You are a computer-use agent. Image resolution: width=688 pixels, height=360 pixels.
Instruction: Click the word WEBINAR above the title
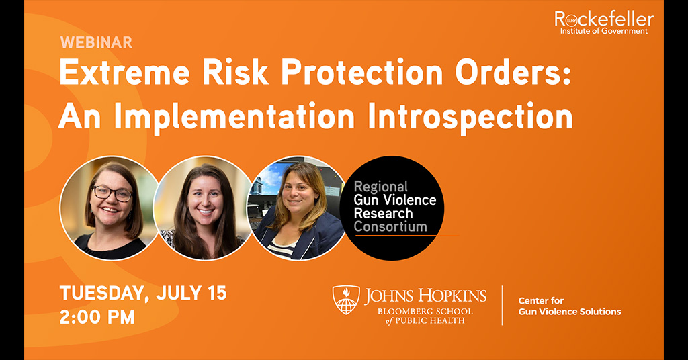click(x=96, y=42)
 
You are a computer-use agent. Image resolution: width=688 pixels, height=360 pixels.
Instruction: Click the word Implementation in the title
click(x=232, y=116)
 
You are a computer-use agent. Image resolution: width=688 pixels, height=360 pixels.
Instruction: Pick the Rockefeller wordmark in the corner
click(x=603, y=19)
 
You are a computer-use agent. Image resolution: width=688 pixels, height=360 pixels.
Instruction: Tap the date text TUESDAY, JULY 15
click(x=143, y=293)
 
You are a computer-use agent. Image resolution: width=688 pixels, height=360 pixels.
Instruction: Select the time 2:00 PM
click(x=97, y=316)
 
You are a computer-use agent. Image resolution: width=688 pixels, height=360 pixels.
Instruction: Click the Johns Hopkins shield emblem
click(x=346, y=300)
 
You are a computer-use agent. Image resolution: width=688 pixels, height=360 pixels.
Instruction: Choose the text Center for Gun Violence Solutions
click(x=569, y=306)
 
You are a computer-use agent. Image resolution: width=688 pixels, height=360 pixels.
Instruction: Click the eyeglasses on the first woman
click(x=112, y=193)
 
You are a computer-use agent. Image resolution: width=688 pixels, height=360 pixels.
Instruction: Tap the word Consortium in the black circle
click(x=390, y=226)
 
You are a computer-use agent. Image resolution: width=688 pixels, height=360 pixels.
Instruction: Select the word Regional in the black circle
click(x=381, y=187)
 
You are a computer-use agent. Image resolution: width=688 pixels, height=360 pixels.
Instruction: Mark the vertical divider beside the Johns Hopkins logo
click(x=502, y=306)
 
